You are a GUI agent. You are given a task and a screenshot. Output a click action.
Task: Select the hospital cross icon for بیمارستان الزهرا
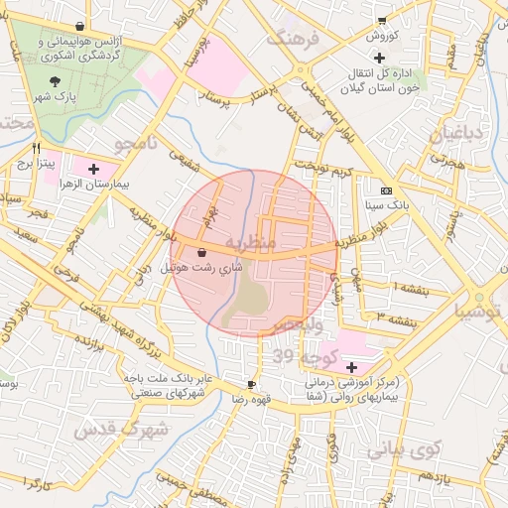pyautogui.click(x=94, y=169)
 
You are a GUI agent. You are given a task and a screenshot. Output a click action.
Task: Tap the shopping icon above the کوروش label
pyautogui.click(x=382, y=21)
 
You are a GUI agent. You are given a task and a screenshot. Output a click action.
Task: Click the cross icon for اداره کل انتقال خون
pyautogui.click(x=380, y=58)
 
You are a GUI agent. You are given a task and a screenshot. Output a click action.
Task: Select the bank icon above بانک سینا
pyautogui.click(x=386, y=190)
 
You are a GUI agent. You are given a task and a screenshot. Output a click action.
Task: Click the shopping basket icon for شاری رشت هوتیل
pyautogui.click(x=202, y=252)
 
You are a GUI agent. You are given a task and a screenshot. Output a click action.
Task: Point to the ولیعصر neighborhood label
pyautogui.click(x=296, y=324)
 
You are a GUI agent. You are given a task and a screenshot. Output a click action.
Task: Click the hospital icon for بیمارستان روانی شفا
pyautogui.click(x=351, y=367)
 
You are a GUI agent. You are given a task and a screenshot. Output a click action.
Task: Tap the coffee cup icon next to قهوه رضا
pyautogui.click(x=251, y=383)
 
